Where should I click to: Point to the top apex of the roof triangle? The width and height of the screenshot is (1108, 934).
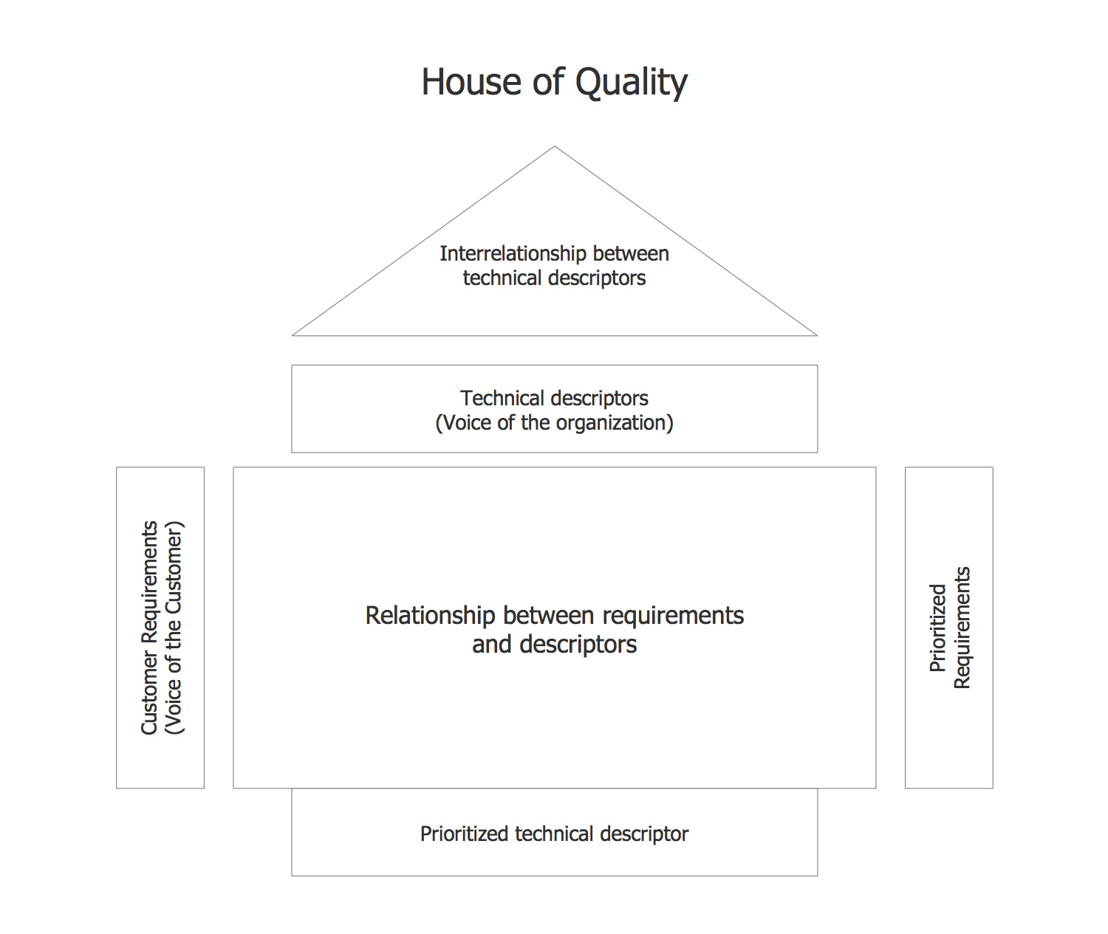[555, 147]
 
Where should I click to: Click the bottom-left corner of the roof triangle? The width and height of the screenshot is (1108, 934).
[293, 335]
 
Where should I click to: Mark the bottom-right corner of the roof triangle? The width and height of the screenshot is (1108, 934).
[816, 335]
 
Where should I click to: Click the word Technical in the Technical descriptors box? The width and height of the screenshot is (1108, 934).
[502, 399]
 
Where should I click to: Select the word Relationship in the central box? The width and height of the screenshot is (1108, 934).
[430, 616]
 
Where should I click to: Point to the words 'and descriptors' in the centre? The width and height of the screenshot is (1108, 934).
[555, 645]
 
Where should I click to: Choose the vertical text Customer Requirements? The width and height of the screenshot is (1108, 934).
[150, 628]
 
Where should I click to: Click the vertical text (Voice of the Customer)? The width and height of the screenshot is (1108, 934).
[174, 628]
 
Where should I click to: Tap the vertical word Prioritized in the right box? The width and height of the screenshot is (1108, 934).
[937, 628]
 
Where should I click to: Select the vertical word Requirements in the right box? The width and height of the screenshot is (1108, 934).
[962, 628]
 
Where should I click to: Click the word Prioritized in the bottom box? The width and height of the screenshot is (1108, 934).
[465, 834]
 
